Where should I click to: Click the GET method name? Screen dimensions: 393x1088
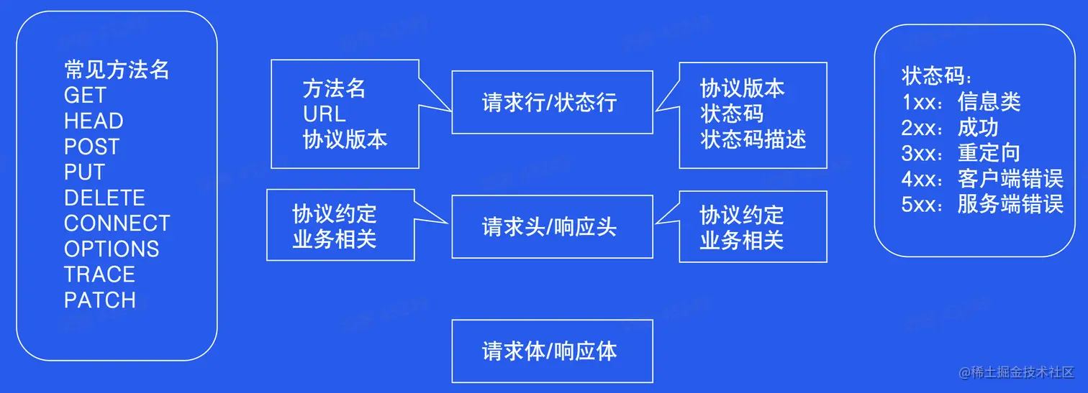click(85, 96)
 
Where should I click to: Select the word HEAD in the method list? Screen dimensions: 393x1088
click(94, 121)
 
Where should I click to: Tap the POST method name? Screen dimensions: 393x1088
click(91, 147)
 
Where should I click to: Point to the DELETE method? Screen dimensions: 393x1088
click(104, 198)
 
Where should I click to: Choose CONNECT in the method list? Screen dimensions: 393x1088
click(117, 223)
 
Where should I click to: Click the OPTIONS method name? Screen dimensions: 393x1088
click(112, 249)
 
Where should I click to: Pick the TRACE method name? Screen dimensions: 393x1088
click(99, 274)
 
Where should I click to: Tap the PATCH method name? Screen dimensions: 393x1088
click(99, 300)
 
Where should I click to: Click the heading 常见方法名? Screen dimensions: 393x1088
click(117, 70)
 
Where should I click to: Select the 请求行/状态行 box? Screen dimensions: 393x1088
click(552, 102)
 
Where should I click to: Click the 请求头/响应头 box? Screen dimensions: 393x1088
click(552, 227)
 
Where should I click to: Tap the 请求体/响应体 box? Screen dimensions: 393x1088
click(552, 351)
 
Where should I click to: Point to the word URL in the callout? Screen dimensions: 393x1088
click(324, 114)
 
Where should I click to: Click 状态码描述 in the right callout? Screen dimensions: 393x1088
click(753, 139)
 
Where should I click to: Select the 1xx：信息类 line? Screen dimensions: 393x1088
click(961, 102)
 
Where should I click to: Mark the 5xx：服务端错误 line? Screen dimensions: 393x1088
click(982, 204)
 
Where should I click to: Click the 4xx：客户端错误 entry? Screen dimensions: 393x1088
click(982, 178)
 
